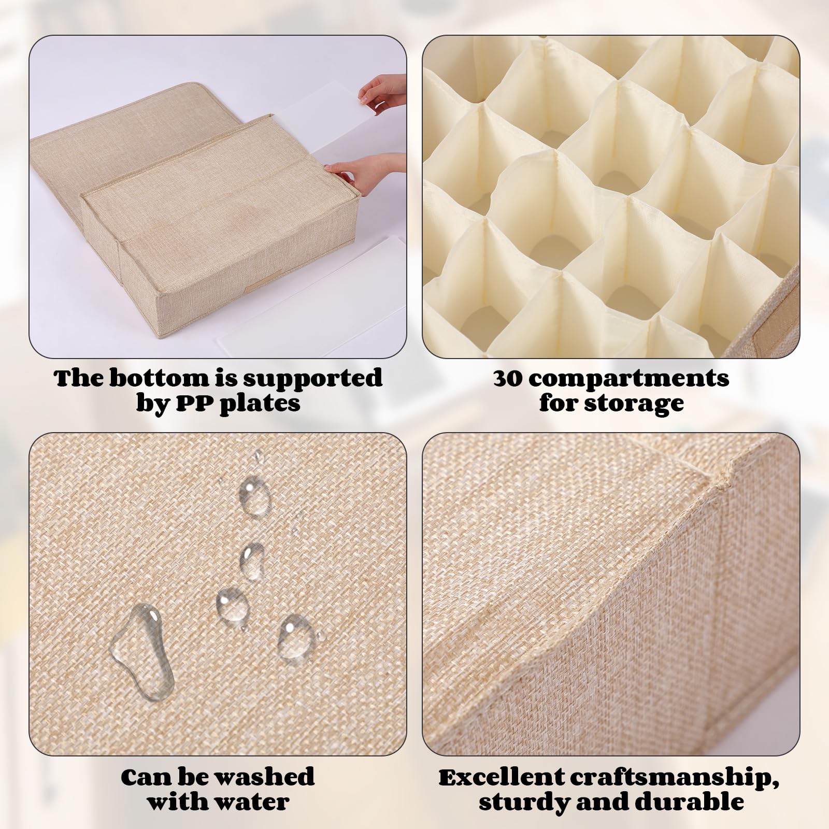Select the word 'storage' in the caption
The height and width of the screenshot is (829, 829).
tap(639, 404)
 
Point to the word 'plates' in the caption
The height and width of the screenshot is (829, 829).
tap(261, 404)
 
